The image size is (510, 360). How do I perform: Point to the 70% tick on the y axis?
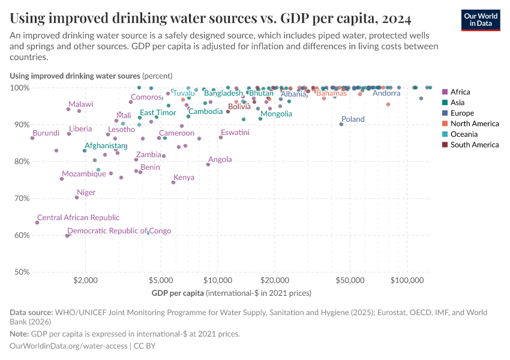click(20, 198)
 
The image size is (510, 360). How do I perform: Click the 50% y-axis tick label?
click(20, 272)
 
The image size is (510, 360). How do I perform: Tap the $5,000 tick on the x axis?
click(160, 281)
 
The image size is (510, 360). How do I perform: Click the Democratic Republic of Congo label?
click(119, 231)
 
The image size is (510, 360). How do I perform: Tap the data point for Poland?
click(341, 124)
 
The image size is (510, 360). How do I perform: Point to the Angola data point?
click(208, 164)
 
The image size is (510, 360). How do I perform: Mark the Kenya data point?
click(173, 182)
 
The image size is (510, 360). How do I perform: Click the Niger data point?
click(77, 197)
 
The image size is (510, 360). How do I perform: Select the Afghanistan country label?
click(106, 146)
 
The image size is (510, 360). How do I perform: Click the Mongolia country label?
click(276, 114)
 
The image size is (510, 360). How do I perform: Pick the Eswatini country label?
click(235, 133)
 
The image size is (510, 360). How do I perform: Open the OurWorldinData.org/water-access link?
click(68, 346)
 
